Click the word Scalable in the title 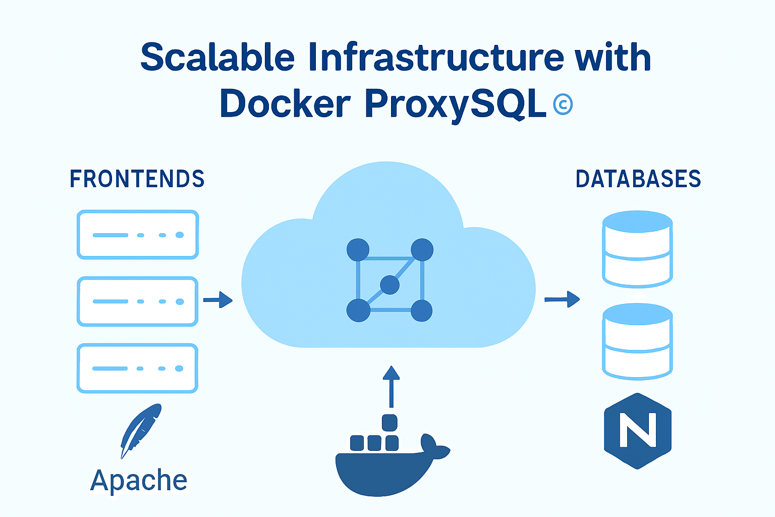pyautogui.click(x=217, y=57)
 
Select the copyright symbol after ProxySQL pyautogui.click(x=563, y=105)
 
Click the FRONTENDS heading pyautogui.click(x=137, y=179)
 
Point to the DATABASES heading pyautogui.click(x=638, y=179)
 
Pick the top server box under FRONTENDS pyautogui.click(x=137, y=235)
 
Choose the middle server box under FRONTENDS pyautogui.click(x=137, y=301)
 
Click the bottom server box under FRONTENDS pyautogui.click(x=137, y=368)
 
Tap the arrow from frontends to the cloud pyautogui.click(x=218, y=300)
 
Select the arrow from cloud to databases pyautogui.click(x=562, y=299)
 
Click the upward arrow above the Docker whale pyautogui.click(x=391, y=386)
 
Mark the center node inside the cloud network pyautogui.click(x=390, y=285)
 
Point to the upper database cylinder pyautogui.click(x=637, y=249)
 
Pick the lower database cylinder pyautogui.click(x=637, y=342)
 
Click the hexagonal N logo pyautogui.click(x=638, y=431)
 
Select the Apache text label pyautogui.click(x=139, y=480)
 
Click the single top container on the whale pyautogui.click(x=390, y=423)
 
